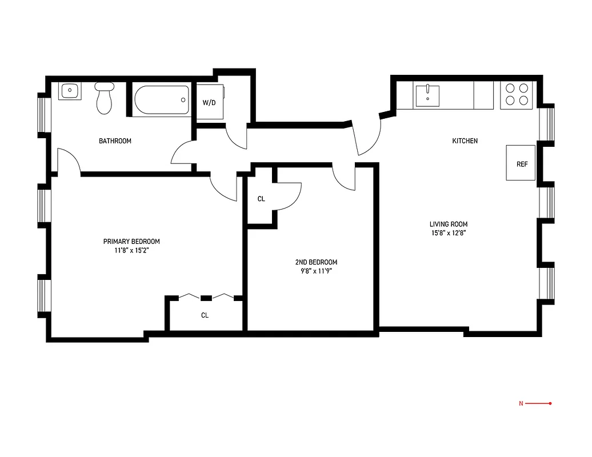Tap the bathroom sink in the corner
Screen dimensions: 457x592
[x=70, y=90]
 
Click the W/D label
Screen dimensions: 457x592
[x=209, y=103]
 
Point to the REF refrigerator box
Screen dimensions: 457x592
[x=521, y=163]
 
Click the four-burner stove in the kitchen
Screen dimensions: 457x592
[x=516, y=94]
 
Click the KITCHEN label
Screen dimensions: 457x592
[x=465, y=141]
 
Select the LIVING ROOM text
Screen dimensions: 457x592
[x=448, y=225]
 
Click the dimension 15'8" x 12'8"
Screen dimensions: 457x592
[x=448, y=233]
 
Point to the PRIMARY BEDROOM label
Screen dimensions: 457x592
[x=131, y=241]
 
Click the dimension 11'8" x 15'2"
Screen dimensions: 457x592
[x=131, y=250]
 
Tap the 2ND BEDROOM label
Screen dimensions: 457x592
[x=312, y=262]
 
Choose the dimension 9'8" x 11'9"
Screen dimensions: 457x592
[x=312, y=271]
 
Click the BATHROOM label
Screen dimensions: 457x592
[x=115, y=141]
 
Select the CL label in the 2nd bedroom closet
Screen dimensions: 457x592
[x=261, y=199]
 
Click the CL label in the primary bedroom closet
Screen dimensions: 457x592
[x=205, y=315]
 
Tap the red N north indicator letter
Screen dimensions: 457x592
[x=521, y=404]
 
